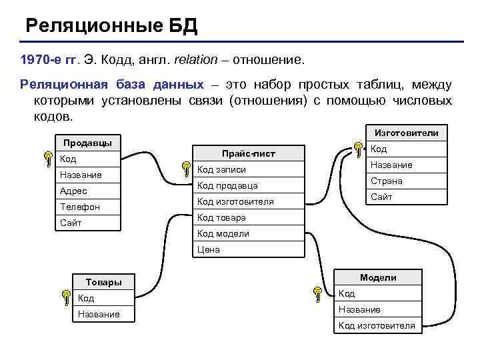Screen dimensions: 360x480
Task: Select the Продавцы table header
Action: (87, 143)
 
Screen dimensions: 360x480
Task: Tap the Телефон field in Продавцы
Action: (80, 207)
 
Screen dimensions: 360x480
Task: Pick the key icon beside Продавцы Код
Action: (48, 159)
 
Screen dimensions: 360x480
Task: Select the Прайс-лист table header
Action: (248, 154)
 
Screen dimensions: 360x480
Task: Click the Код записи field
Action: (222, 169)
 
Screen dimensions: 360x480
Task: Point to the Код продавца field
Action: (228, 185)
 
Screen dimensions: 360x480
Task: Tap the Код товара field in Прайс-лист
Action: (222, 217)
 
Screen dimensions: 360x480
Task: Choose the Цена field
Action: (209, 249)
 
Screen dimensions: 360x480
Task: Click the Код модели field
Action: (223, 233)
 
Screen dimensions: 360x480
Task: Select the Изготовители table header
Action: (407, 133)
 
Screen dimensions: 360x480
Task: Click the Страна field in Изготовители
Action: (387, 181)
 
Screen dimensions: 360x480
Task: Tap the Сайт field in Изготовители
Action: (382, 197)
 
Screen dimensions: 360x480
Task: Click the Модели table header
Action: (378, 277)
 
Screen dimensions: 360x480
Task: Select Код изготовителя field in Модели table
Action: (377, 325)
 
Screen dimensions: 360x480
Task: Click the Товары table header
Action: (104, 282)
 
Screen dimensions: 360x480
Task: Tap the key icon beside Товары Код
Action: (65, 297)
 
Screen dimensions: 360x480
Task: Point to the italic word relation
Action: (195, 60)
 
